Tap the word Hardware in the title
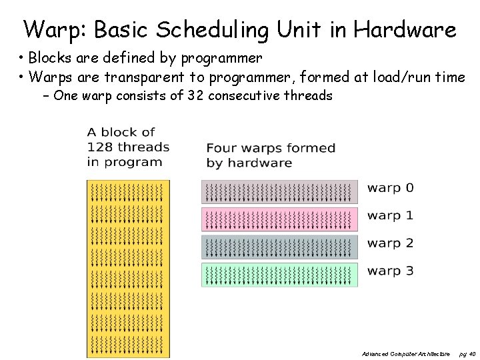click(405, 29)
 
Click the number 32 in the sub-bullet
click(195, 95)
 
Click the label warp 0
click(390, 188)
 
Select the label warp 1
click(390, 215)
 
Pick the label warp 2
click(390, 243)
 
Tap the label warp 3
click(390, 271)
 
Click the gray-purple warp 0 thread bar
click(279, 192)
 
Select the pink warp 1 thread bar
click(279, 219)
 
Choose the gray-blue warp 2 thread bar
click(279, 247)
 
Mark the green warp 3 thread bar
click(279, 275)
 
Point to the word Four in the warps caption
click(221, 148)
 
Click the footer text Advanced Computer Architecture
click(405, 353)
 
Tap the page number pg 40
click(467, 353)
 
